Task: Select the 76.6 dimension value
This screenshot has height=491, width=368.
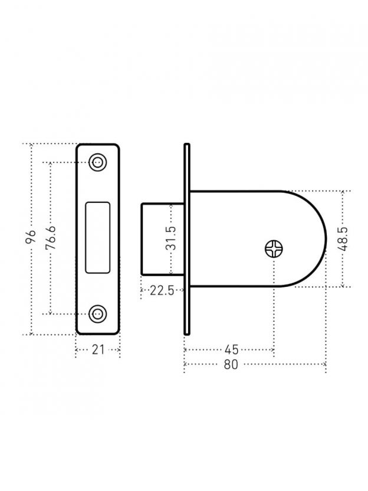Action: (50, 237)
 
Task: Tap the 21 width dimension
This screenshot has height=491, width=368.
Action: (98, 350)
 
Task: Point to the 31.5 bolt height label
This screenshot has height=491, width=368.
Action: (171, 238)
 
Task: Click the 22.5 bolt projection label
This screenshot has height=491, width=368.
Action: (162, 290)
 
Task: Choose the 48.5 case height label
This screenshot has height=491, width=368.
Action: (343, 239)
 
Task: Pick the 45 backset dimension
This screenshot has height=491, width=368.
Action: (231, 349)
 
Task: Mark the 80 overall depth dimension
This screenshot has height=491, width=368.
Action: (231, 365)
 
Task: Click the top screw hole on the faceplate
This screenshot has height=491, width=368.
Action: (98, 162)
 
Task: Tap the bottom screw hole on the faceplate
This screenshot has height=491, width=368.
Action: (98, 313)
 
